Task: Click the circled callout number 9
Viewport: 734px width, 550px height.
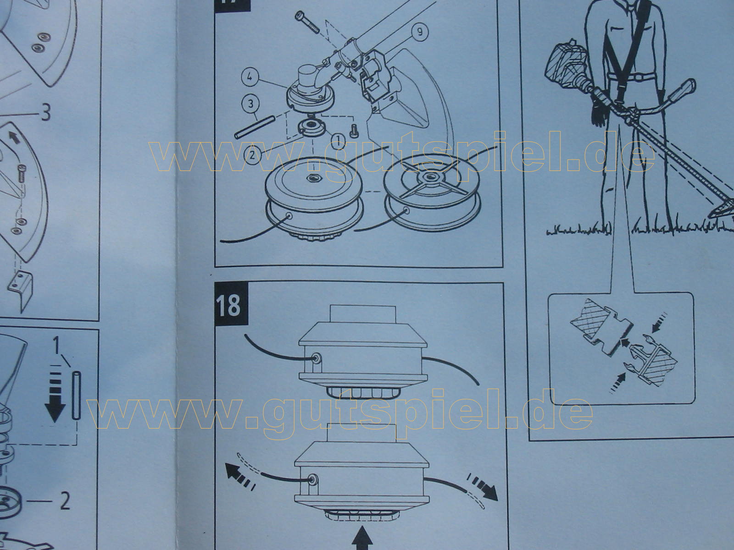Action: click(x=419, y=32)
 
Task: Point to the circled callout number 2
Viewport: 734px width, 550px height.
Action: click(x=252, y=155)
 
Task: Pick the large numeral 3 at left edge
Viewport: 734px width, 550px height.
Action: click(x=45, y=113)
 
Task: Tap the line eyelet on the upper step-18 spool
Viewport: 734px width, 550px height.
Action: click(x=315, y=358)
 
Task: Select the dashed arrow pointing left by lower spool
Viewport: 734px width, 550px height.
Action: click(x=240, y=474)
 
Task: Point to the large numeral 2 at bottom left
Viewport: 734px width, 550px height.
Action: click(x=65, y=501)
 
